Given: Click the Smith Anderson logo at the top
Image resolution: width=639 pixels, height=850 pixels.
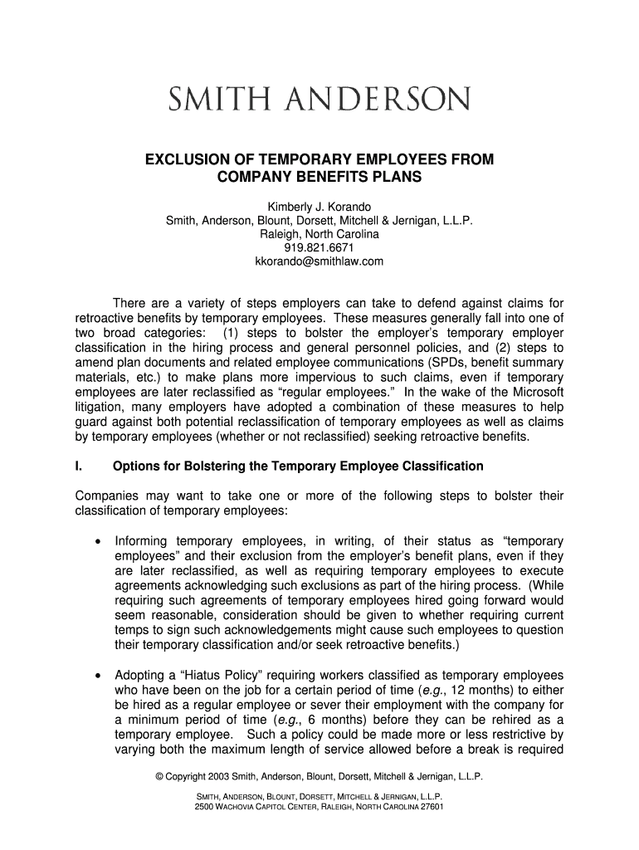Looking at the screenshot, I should point(319,101).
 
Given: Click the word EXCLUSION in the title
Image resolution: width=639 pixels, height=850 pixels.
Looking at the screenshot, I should point(188,159).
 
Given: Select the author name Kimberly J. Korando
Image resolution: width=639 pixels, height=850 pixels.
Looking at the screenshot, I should point(319,205).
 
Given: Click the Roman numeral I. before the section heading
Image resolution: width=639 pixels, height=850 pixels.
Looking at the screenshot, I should point(78,467).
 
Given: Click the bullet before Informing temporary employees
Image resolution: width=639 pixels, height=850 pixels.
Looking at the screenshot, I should point(99,541).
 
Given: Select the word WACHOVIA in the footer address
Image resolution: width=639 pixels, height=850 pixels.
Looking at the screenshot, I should point(241,806).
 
